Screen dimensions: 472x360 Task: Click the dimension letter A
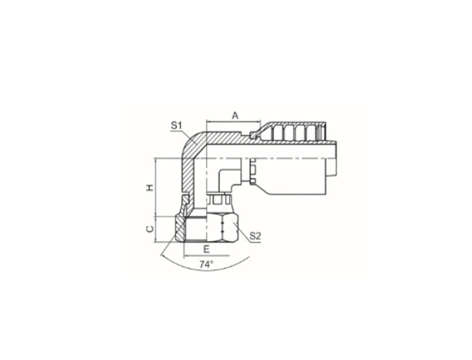[x=235, y=115]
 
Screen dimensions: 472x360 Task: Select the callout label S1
[x=177, y=125]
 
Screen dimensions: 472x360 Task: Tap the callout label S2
[x=255, y=236]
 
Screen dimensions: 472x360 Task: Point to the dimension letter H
[x=149, y=188]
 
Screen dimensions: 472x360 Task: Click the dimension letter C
[x=149, y=229]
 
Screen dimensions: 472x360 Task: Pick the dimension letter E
[x=206, y=249]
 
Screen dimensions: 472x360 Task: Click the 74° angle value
[x=206, y=264]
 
